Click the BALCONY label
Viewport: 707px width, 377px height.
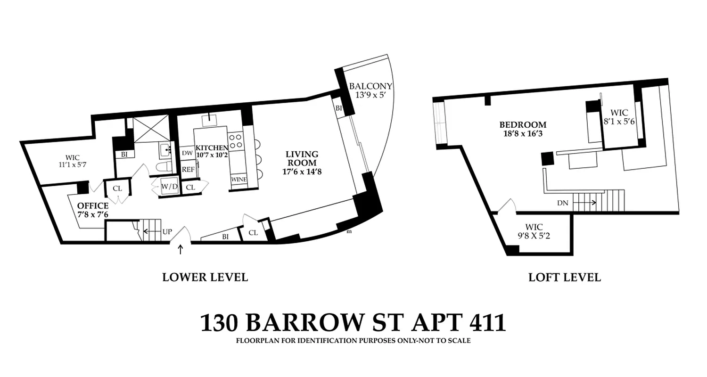[x=370, y=86]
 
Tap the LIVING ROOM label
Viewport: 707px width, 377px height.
[x=302, y=154]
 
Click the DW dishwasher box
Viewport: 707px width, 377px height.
[x=187, y=153]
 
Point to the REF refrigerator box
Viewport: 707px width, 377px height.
[x=188, y=169]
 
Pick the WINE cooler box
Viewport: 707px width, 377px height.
[x=239, y=180]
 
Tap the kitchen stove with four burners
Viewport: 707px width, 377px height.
[x=235, y=140]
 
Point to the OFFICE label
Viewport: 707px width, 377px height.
[x=93, y=206]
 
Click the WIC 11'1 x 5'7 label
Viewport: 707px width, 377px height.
[x=69, y=157]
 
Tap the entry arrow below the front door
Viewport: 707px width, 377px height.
[x=181, y=249]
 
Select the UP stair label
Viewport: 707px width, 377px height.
[x=167, y=232]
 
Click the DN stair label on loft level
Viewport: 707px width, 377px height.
[x=562, y=203]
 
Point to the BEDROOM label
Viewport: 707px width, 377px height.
[x=523, y=125]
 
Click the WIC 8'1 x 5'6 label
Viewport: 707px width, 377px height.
[x=619, y=113]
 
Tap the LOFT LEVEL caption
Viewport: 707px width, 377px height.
[x=564, y=277]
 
